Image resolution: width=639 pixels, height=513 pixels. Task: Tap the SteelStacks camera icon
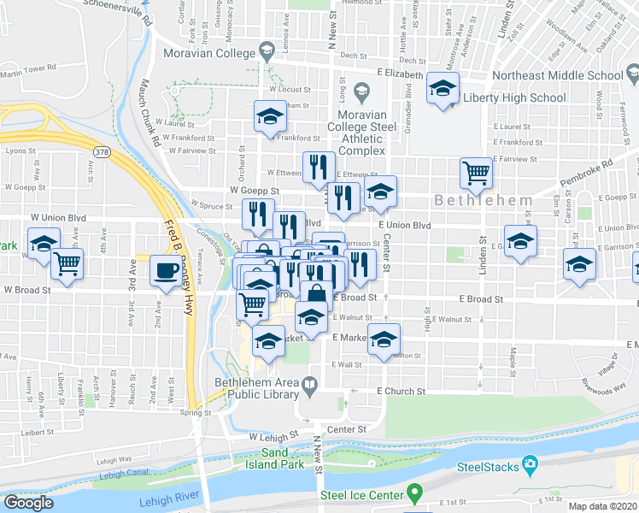pos(530,465)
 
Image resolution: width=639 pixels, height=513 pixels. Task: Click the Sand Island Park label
pos(282,458)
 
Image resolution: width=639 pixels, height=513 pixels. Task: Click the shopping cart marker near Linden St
pos(476,174)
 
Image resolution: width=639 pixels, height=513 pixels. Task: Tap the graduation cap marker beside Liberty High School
pos(443,88)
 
